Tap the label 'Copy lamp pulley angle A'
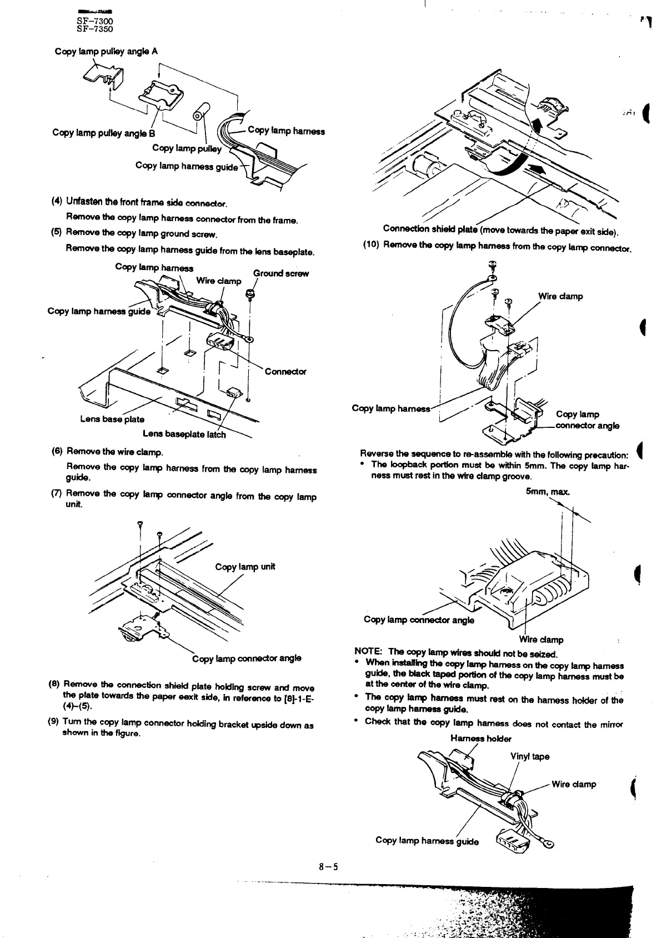pyautogui.click(x=106, y=52)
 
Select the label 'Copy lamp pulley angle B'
pyautogui.click(x=104, y=133)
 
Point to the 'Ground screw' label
pyautogui.click(x=280, y=273)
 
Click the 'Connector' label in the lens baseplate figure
pyautogui.click(x=285, y=371)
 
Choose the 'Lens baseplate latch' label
pyautogui.click(x=184, y=434)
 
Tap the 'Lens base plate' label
pyautogui.click(x=112, y=419)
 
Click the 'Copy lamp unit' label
pyautogui.click(x=245, y=567)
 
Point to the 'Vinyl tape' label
pyautogui.click(x=530, y=756)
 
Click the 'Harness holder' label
pyautogui.click(x=481, y=739)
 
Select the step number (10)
pyautogui.click(x=371, y=244)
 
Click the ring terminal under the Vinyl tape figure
pyautogui.click(x=549, y=846)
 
